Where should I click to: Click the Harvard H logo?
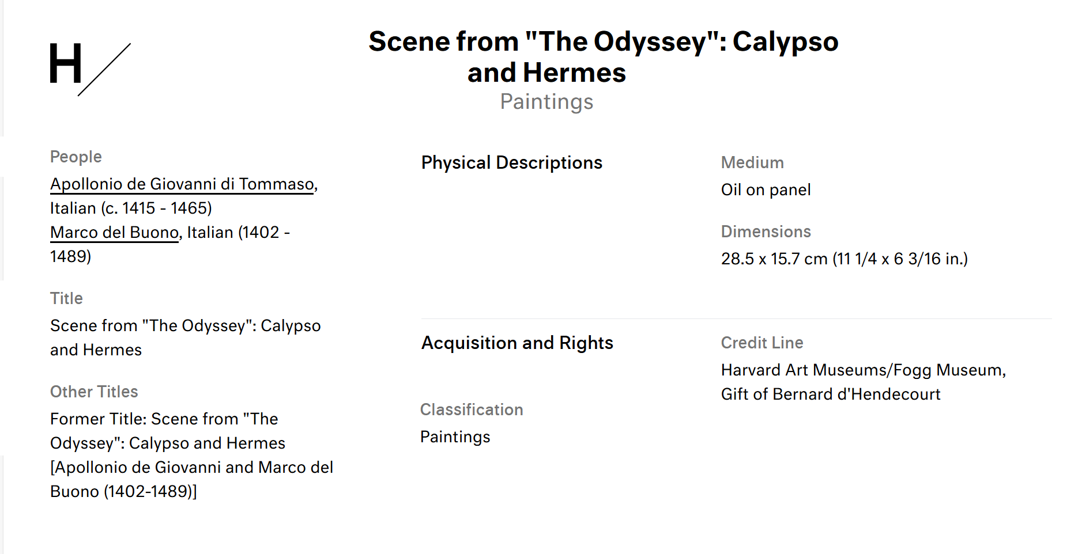coord(89,69)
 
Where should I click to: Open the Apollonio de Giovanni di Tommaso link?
coord(182,184)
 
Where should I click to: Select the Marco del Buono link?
coord(114,233)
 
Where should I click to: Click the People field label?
coord(76,157)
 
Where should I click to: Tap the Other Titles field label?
coord(94,392)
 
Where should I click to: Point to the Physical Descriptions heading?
coord(511,163)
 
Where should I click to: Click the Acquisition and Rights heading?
coord(517,343)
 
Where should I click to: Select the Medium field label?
coord(752,163)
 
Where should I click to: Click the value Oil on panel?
coord(766,190)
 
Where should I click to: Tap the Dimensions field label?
coord(766,232)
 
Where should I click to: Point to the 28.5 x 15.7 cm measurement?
coord(774,259)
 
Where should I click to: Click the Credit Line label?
coord(762,343)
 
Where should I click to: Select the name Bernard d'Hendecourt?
coord(857,394)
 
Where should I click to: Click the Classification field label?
coord(472,409)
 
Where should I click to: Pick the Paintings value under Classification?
coord(455,437)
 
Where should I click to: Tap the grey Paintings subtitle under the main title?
coord(546,102)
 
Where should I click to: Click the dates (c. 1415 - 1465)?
coord(156,208)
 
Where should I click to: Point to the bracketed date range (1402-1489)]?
coord(150,492)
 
